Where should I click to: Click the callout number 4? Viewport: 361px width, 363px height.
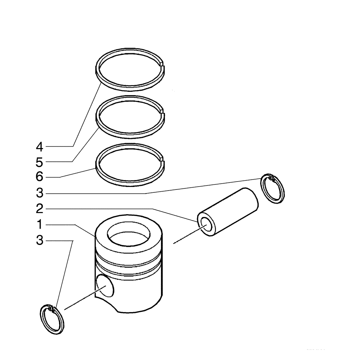click(x=40, y=147)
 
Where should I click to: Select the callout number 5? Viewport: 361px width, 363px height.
click(x=40, y=162)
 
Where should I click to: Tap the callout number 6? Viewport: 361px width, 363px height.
click(x=40, y=177)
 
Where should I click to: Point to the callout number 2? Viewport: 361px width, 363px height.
click(x=40, y=209)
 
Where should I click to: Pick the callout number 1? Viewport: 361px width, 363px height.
click(x=40, y=225)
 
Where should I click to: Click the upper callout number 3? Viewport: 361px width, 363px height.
click(x=40, y=193)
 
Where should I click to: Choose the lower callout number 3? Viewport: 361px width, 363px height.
click(x=40, y=241)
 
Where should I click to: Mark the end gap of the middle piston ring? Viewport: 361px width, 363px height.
click(x=162, y=114)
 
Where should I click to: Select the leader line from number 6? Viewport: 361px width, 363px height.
click(x=76, y=173)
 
